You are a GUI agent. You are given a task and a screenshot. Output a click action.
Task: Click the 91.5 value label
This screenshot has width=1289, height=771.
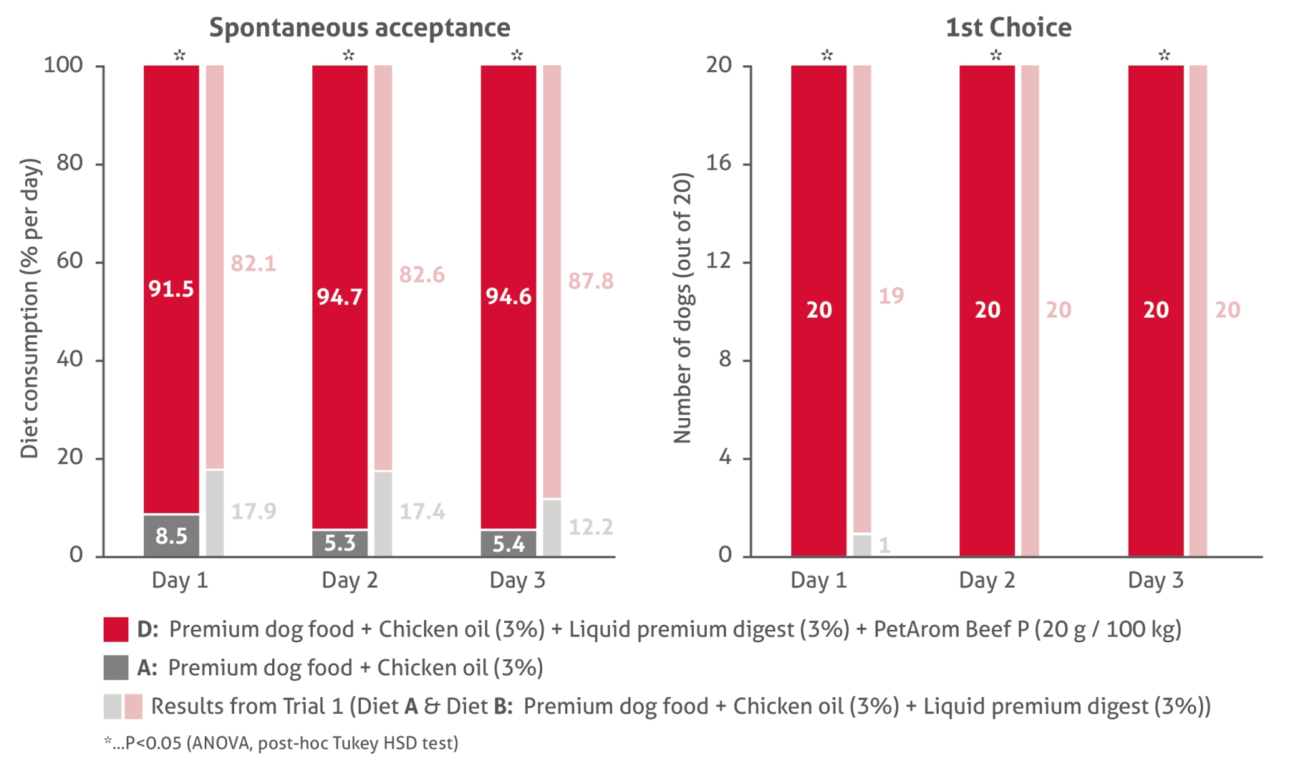(171, 288)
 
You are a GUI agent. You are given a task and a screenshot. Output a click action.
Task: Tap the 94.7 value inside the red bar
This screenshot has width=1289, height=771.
(339, 296)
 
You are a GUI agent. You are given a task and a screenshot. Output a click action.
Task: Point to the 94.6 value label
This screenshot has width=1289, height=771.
(508, 296)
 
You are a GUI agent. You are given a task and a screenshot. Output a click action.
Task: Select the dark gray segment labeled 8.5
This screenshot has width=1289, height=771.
(171, 535)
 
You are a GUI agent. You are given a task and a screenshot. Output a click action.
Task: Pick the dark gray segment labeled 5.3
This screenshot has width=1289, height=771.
(339, 543)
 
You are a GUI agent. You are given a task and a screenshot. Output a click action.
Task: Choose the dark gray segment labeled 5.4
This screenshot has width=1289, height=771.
(508, 543)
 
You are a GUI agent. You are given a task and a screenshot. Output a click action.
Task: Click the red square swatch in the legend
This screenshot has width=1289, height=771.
(115, 630)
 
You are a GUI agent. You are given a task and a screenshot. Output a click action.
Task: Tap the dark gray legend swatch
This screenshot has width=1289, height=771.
(115, 667)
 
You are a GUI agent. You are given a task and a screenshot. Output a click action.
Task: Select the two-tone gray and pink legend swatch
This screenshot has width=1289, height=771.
(123, 707)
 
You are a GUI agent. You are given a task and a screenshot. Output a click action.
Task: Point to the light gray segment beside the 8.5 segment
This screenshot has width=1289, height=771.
(217, 513)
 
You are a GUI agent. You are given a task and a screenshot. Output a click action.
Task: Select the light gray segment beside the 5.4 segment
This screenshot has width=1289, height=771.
(551, 528)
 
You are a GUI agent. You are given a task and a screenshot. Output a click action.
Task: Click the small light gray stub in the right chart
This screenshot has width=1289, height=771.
(864, 544)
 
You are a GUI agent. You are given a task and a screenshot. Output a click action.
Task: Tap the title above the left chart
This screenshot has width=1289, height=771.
(359, 28)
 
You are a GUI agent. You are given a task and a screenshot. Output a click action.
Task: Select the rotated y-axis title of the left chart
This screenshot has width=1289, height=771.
(31, 308)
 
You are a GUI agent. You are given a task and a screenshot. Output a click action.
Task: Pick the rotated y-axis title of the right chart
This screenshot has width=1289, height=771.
(683, 308)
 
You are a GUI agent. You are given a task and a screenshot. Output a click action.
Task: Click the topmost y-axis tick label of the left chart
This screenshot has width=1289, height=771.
(64, 64)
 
